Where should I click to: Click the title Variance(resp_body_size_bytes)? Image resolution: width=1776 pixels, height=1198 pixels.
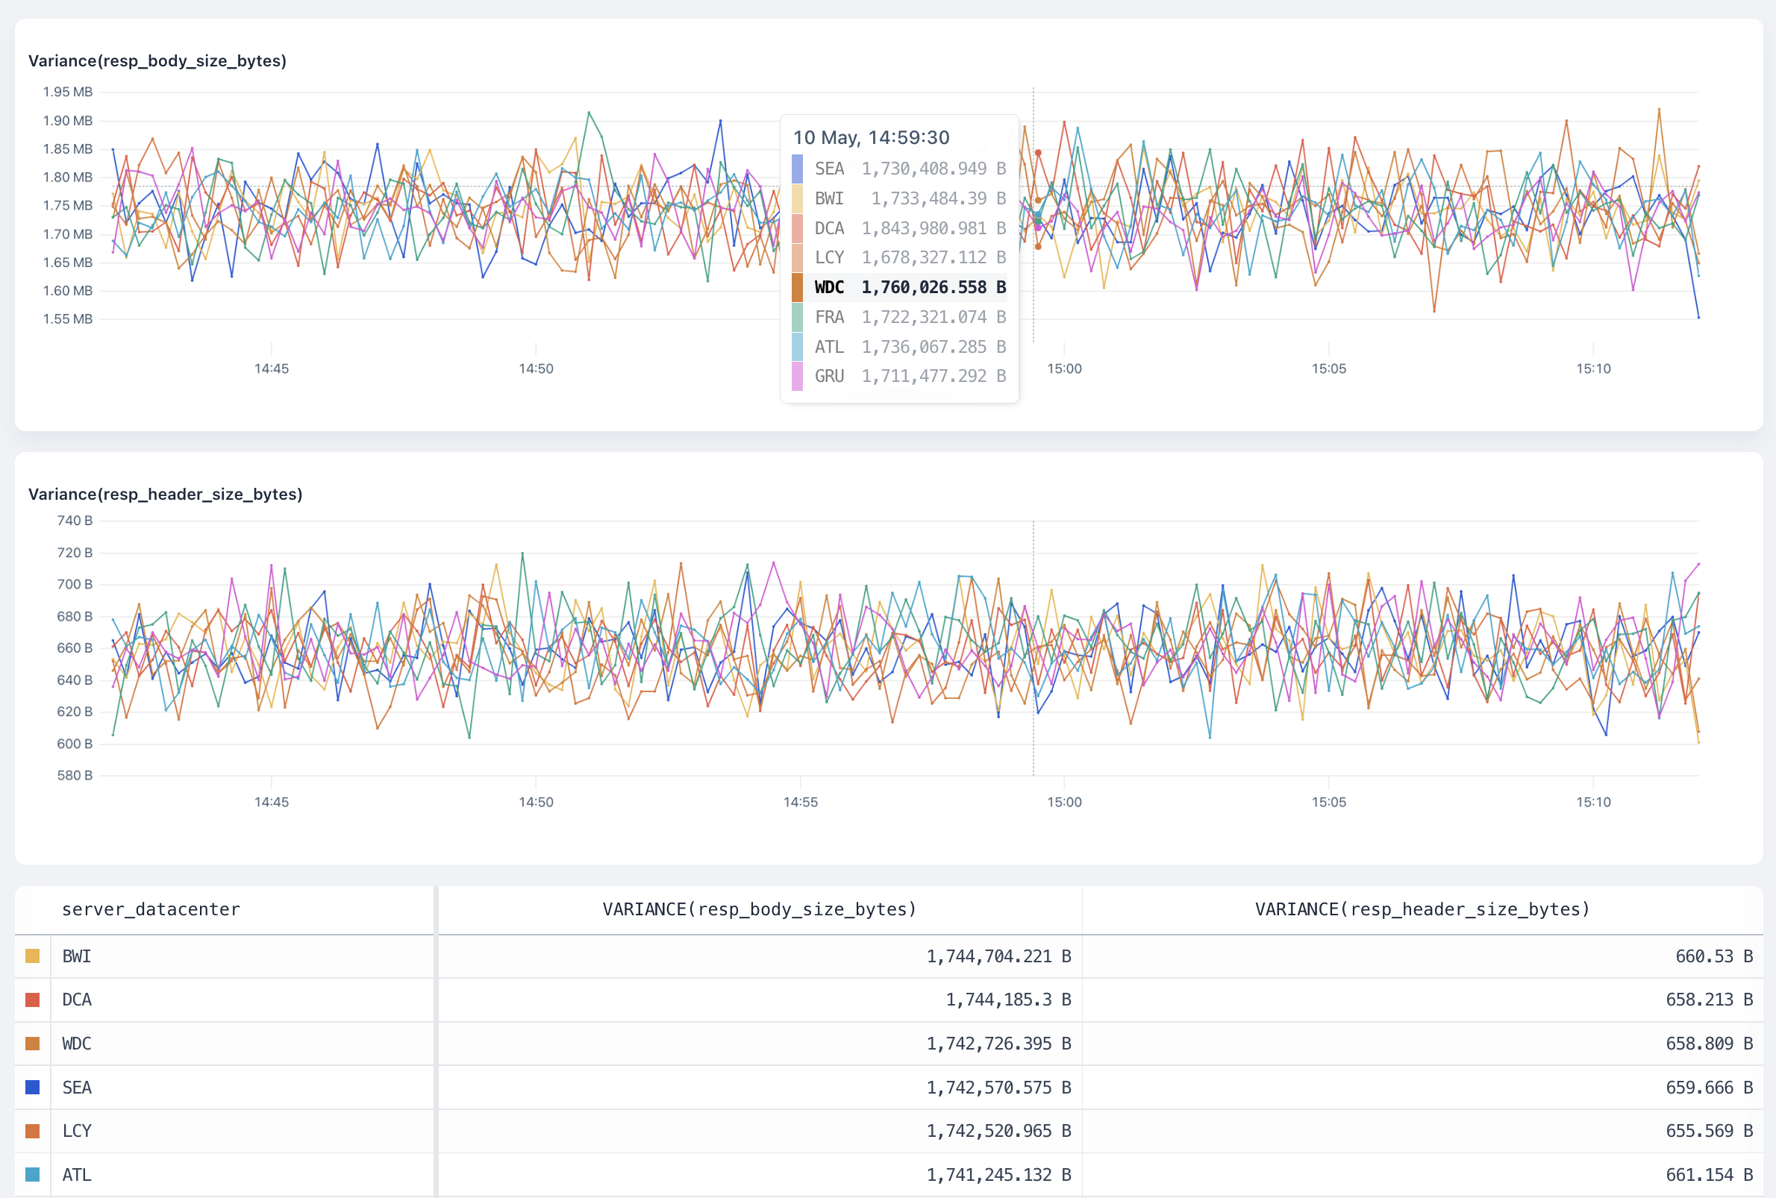pyautogui.click(x=157, y=61)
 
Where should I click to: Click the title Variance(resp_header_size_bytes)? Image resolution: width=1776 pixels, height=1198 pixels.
pyautogui.click(x=165, y=495)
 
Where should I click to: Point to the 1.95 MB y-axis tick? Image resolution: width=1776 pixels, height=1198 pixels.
pyautogui.click(x=67, y=92)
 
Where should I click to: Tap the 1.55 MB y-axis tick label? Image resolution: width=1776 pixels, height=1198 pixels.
pyautogui.click(x=67, y=319)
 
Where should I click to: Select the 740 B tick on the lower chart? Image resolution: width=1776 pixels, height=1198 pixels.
pyautogui.click(x=74, y=521)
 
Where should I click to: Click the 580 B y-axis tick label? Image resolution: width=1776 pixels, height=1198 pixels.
pyautogui.click(x=74, y=776)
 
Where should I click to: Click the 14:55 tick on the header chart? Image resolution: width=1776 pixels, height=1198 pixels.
pyautogui.click(x=800, y=802)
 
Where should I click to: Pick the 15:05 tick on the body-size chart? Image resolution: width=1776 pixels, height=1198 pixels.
pyautogui.click(x=1328, y=369)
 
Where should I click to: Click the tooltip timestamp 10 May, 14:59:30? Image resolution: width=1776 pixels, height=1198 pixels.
pyautogui.click(x=871, y=137)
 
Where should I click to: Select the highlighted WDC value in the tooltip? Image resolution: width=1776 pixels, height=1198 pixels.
pyautogui.click(x=933, y=287)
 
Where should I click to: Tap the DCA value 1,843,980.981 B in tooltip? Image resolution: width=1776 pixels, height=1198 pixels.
pyautogui.click(x=933, y=228)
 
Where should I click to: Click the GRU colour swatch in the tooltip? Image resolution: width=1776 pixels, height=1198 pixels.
pyautogui.click(x=797, y=377)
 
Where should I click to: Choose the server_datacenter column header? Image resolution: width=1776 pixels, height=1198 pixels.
pyautogui.click(x=151, y=909)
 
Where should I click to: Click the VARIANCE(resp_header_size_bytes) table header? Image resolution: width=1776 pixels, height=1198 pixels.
pyautogui.click(x=1422, y=909)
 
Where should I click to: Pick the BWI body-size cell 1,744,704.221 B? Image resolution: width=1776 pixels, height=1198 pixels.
pyautogui.click(x=998, y=956)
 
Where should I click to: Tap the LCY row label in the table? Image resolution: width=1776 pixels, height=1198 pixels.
pyautogui.click(x=76, y=1131)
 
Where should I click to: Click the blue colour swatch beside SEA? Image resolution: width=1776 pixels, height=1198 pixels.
pyautogui.click(x=32, y=1087)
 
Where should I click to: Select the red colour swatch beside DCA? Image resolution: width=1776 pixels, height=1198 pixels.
pyautogui.click(x=32, y=1000)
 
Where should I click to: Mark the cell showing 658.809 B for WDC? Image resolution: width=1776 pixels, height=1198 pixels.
pyautogui.click(x=1709, y=1044)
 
